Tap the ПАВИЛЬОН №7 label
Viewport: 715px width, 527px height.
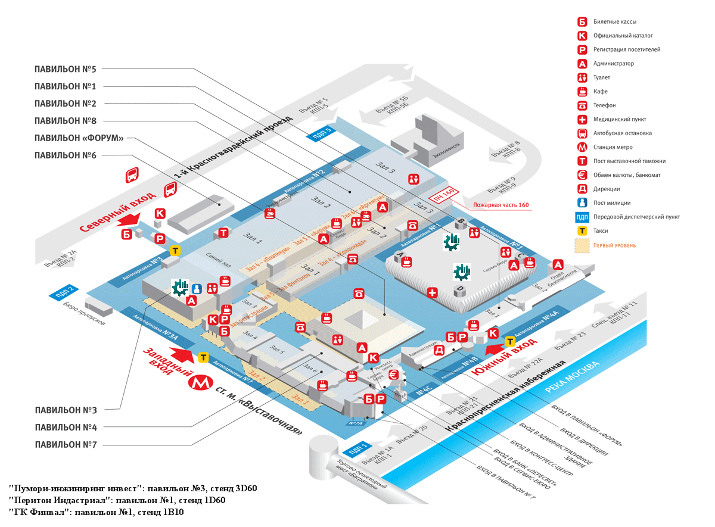[66, 444]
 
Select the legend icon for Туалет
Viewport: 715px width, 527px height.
[582, 77]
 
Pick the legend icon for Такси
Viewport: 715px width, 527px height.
[582, 230]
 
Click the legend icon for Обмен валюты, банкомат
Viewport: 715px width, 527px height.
[582, 175]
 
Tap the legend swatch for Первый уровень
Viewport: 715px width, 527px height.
[582, 245]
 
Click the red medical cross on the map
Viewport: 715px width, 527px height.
[433, 292]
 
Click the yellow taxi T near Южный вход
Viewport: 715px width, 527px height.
[510, 341]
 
